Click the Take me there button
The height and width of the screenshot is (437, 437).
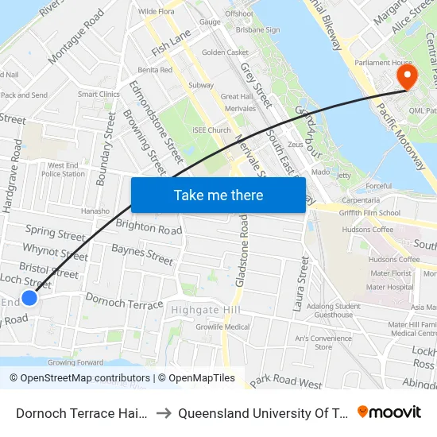[218, 195]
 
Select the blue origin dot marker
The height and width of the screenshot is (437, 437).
[29, 298]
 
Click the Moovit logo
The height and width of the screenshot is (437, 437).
[389, 412]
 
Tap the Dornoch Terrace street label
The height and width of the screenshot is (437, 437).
[123, 302]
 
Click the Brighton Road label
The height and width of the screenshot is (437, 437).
[149, 227]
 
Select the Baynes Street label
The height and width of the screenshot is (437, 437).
[142, 254]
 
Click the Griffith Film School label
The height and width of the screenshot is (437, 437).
[368, 213]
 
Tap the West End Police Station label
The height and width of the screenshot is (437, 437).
[63, 169]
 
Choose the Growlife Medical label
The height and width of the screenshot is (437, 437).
[222, 327]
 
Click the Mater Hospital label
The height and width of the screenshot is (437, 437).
[390, 287]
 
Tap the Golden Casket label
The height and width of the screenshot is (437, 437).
[225, 52]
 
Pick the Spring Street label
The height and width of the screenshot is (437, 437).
[55, 233]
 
